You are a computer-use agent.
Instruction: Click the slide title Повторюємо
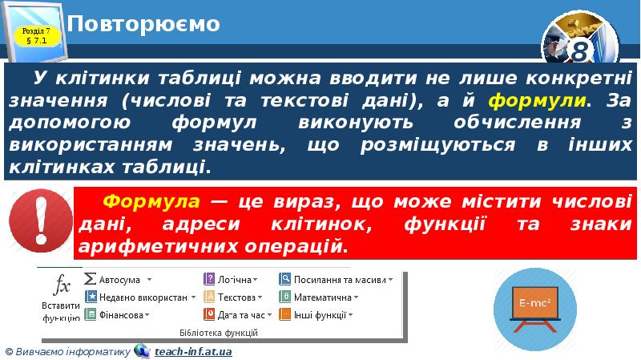click(x=143, y=24)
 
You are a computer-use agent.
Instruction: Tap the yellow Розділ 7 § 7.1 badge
click(x=38, y=35)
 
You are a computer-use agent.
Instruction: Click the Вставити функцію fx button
click(x=61, y=297)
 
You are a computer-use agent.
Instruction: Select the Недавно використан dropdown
click(x=141, y=297)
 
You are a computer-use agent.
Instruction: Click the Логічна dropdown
click(x=232, y=280)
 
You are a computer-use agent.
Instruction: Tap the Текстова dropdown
click(x=236, y=297)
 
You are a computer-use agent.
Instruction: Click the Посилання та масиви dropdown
click(x=337, y=280)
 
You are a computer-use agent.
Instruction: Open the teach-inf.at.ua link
click(x=193, y=351)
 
